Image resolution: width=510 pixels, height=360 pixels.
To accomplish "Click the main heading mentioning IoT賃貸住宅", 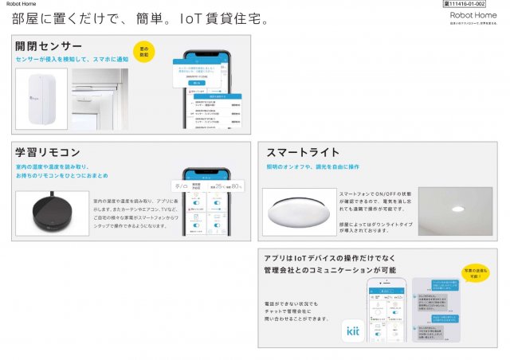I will coord(139,18).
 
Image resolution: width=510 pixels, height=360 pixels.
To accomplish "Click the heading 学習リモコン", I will coord(47,152).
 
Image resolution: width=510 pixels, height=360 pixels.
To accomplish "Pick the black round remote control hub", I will coord(52,213).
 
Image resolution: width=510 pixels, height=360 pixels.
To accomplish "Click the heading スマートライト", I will coord(303,152).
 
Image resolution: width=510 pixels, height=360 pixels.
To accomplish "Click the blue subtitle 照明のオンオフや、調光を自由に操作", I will coord(312,166).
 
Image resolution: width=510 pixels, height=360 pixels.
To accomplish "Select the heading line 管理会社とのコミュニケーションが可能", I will coord(329,270).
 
